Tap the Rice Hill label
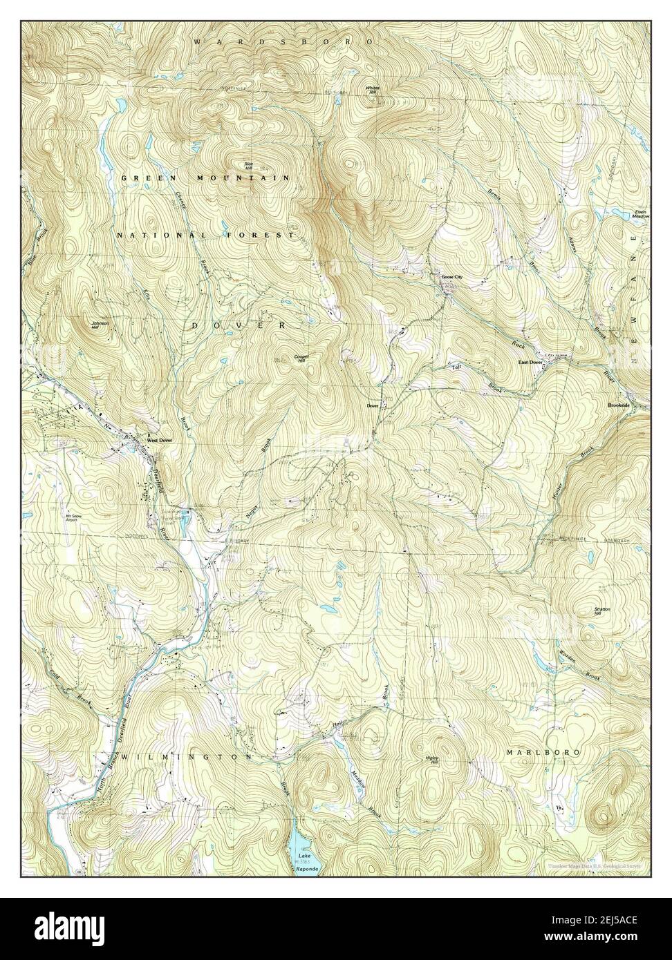point(248,165)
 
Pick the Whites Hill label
point(373,90)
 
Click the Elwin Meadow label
point(642,214)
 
